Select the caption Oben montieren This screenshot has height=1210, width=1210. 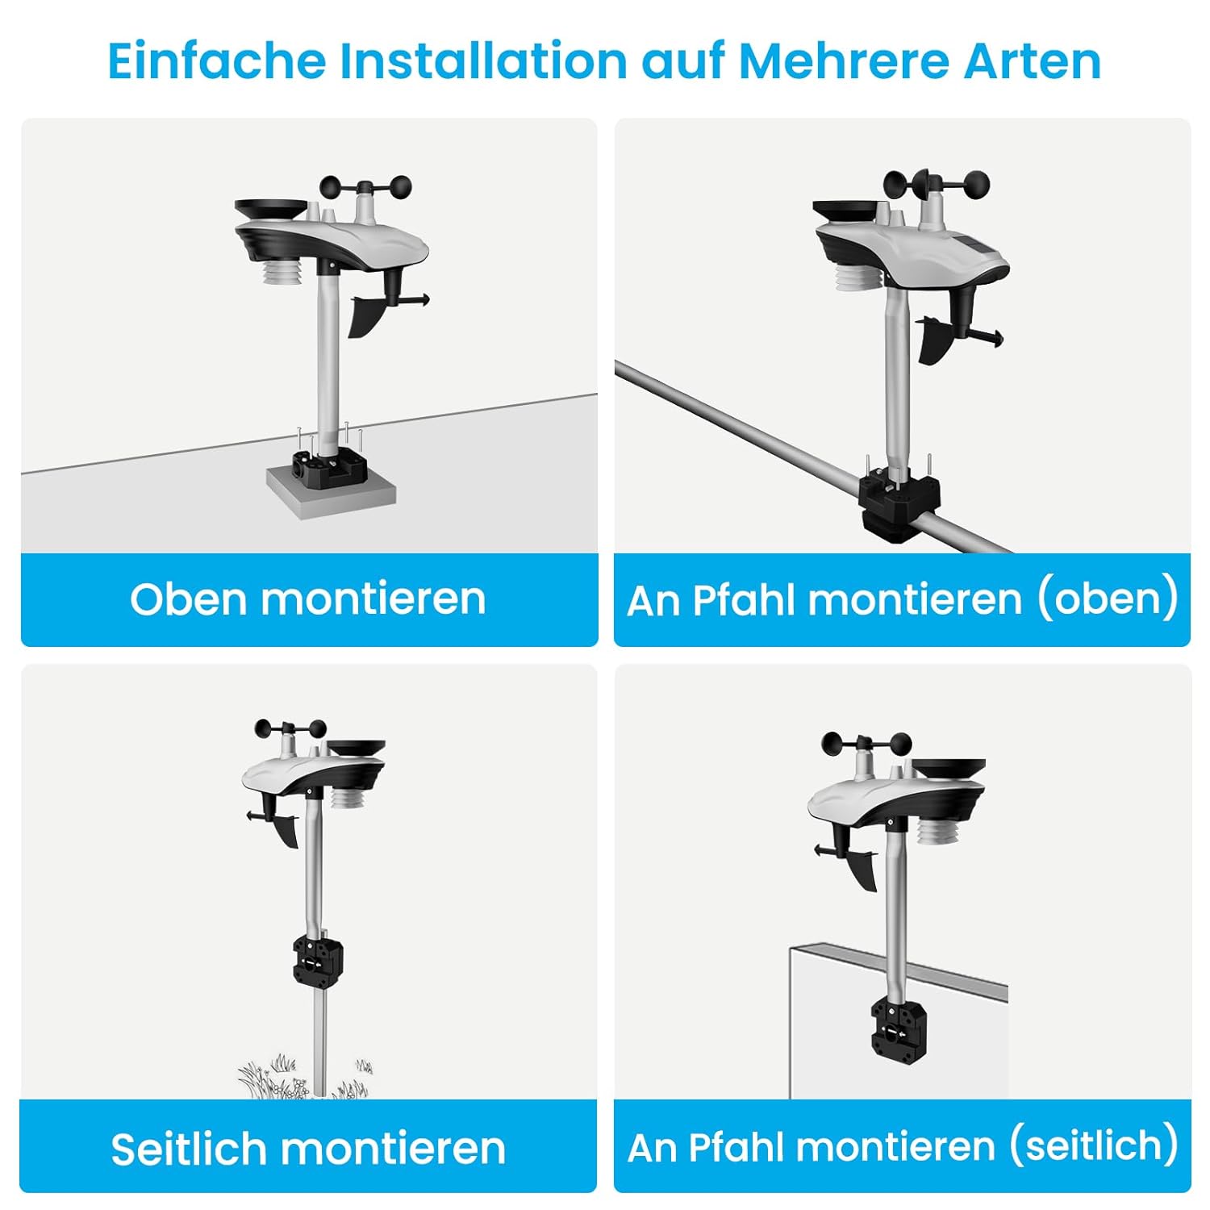point(308,599)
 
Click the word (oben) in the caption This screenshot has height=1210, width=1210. point(1107,599)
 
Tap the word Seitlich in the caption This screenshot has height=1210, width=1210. point(188,1148)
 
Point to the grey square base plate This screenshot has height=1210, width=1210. point(331,488)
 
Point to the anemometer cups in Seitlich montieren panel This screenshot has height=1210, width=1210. point(290,729)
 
